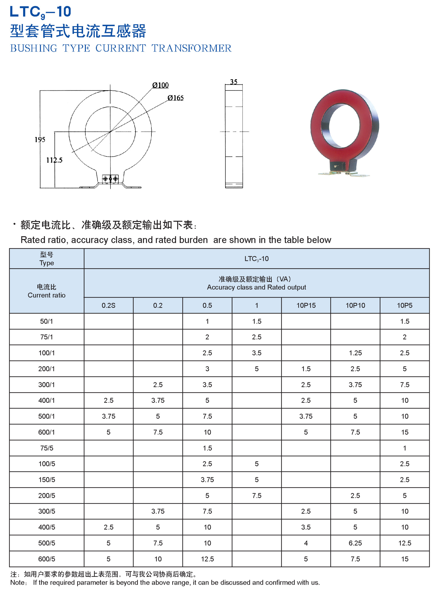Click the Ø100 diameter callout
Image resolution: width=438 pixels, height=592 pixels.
point(160,85)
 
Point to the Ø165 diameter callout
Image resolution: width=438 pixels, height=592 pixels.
point(176,98)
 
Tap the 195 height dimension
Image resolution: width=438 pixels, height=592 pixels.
point(40,139)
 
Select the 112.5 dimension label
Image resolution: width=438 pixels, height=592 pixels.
point(54,160)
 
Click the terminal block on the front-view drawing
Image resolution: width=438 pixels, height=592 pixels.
point(110,179)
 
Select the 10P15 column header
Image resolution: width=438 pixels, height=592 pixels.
point(306,305)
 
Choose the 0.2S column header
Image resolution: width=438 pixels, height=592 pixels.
point(108,305)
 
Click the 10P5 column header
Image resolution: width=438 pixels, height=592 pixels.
point(405,305)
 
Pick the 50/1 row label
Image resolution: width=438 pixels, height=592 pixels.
point(47,321)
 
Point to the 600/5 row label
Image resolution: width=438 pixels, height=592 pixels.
point(47,559)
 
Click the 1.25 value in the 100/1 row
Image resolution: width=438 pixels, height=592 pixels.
point(355,353)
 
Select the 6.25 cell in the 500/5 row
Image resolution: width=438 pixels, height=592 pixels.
point(355,543)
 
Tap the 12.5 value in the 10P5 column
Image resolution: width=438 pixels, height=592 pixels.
point(405,543)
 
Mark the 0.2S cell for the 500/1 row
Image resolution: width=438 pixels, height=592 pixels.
point(108,416)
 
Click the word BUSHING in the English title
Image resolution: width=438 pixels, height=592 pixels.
point(34,48)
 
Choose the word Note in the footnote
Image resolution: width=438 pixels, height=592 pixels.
point(17,582)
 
